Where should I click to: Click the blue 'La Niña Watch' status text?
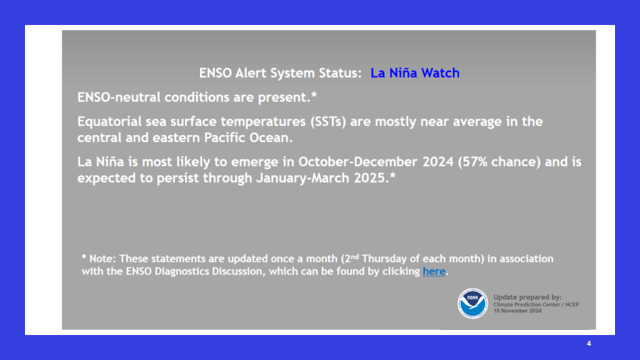pos(415,72)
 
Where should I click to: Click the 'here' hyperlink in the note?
pos(434,271)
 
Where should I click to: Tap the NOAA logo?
pos(472,303)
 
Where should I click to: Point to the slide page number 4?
pos(589,344)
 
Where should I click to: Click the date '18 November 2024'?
pos(517,311)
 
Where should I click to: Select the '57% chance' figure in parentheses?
pos(499,162)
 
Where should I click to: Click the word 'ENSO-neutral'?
pos(119,97)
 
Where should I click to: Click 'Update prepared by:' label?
pos(527,297)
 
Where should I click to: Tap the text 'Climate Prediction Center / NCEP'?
pos(536,304)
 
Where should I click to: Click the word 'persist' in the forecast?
pos(179,178)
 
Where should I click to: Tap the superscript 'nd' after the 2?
pos(355,256)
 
